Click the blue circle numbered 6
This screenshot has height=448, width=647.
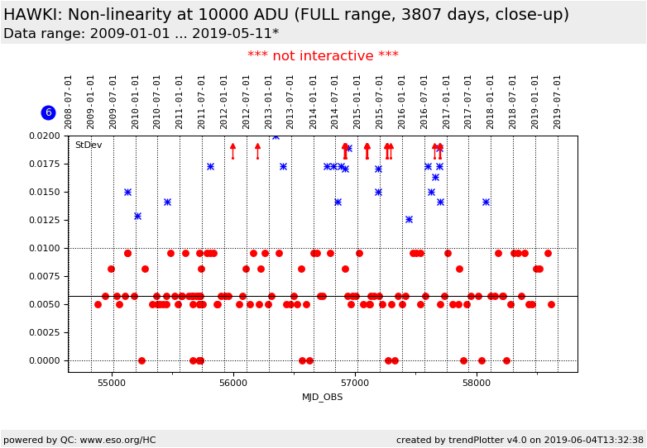click(48, 112)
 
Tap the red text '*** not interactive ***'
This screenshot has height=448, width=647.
click(323, 56)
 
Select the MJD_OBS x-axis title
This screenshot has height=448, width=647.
click(323, 397)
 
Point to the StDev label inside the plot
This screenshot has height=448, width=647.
click(89, 145)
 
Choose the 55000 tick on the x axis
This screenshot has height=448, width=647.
click(111, 383)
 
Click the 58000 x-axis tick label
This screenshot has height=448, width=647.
click(477, 383)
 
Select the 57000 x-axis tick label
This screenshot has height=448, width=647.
click(355, 383)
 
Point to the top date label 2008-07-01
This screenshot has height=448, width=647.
click(69, 101)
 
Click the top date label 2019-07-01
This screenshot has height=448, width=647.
click(558, 101)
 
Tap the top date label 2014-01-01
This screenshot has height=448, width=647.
click(314, 101)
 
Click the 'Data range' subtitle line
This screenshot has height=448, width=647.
click(141, 34)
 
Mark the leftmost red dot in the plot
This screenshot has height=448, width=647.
click(98, 304)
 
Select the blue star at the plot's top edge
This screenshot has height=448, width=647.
click(276, 136)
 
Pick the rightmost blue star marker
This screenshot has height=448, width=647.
click(486, 202)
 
